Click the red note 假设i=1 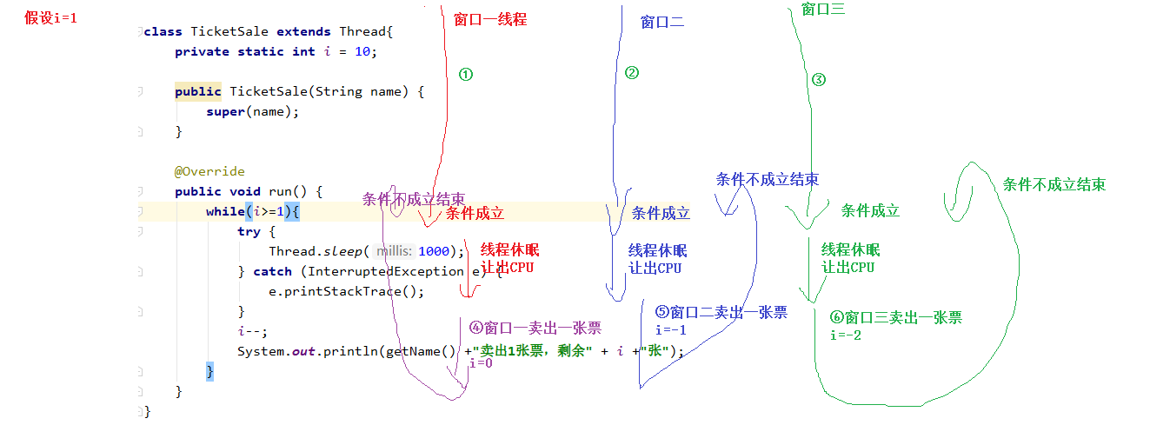51,17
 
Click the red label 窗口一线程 490,19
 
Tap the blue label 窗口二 662,23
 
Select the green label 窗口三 823,10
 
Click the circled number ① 466,75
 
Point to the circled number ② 632,73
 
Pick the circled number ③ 819,80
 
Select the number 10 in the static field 362,51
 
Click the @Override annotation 209,171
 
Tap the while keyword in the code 224,211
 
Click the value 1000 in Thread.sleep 434,251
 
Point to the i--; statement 253,331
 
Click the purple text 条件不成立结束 413,199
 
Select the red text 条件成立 475,213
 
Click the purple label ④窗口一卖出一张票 535,328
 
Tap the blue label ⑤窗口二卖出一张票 721,312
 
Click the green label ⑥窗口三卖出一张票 896,318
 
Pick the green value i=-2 846,335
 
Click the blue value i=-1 671,330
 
